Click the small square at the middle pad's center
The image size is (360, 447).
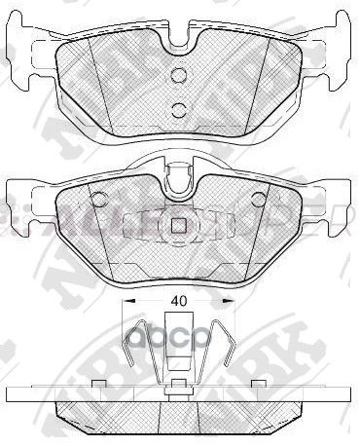(177, 227)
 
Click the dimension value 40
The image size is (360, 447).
(177, 302)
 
